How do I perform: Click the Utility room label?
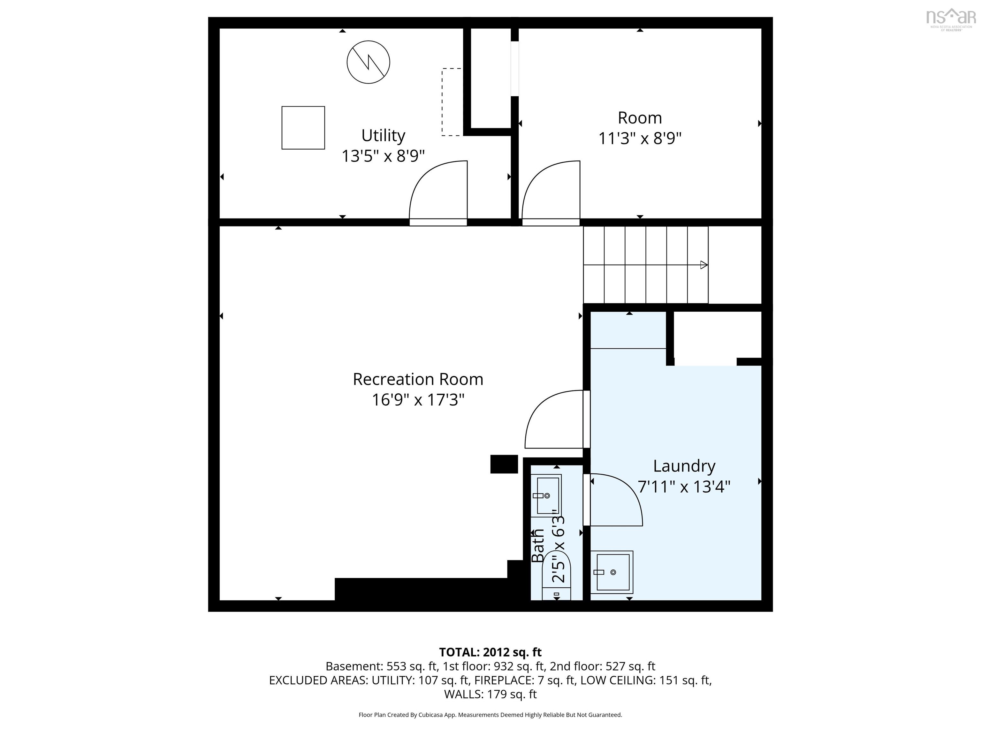(x=383, y=136)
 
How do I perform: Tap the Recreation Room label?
(x=418, y=379)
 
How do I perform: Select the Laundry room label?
(x=684, y=466)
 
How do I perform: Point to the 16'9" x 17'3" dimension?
(x=418, y=400)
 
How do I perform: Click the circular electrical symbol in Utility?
(x=368, y=62)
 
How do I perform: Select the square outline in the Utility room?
(x=303, y=128)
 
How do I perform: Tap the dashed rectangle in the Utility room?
(x=452, y=102)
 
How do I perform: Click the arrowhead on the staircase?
(x=704, y=265)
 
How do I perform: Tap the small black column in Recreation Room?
(x=504, y=464)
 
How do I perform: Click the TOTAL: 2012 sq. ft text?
(x=490, y=652)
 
